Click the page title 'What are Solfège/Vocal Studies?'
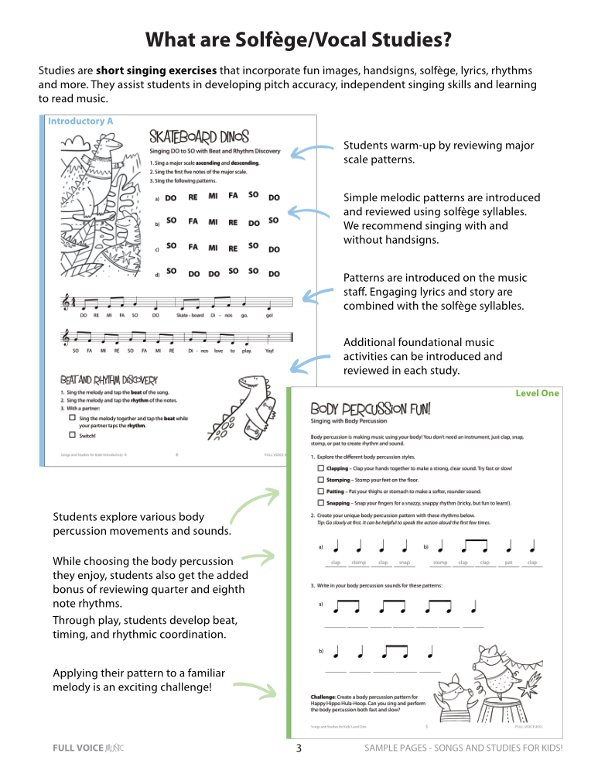pos(299,39)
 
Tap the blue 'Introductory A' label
pos(80,122)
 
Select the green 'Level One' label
pos(537,393)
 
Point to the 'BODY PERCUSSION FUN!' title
pos(371,409)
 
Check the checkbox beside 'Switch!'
pos(72,434)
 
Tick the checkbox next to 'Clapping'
pos(321,468)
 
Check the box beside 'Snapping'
pos(321,502)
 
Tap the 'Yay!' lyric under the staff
pos(268,351)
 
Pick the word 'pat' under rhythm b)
pos(509,563)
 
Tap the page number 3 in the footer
pos(299,748)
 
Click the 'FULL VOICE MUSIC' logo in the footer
pos(87,748)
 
